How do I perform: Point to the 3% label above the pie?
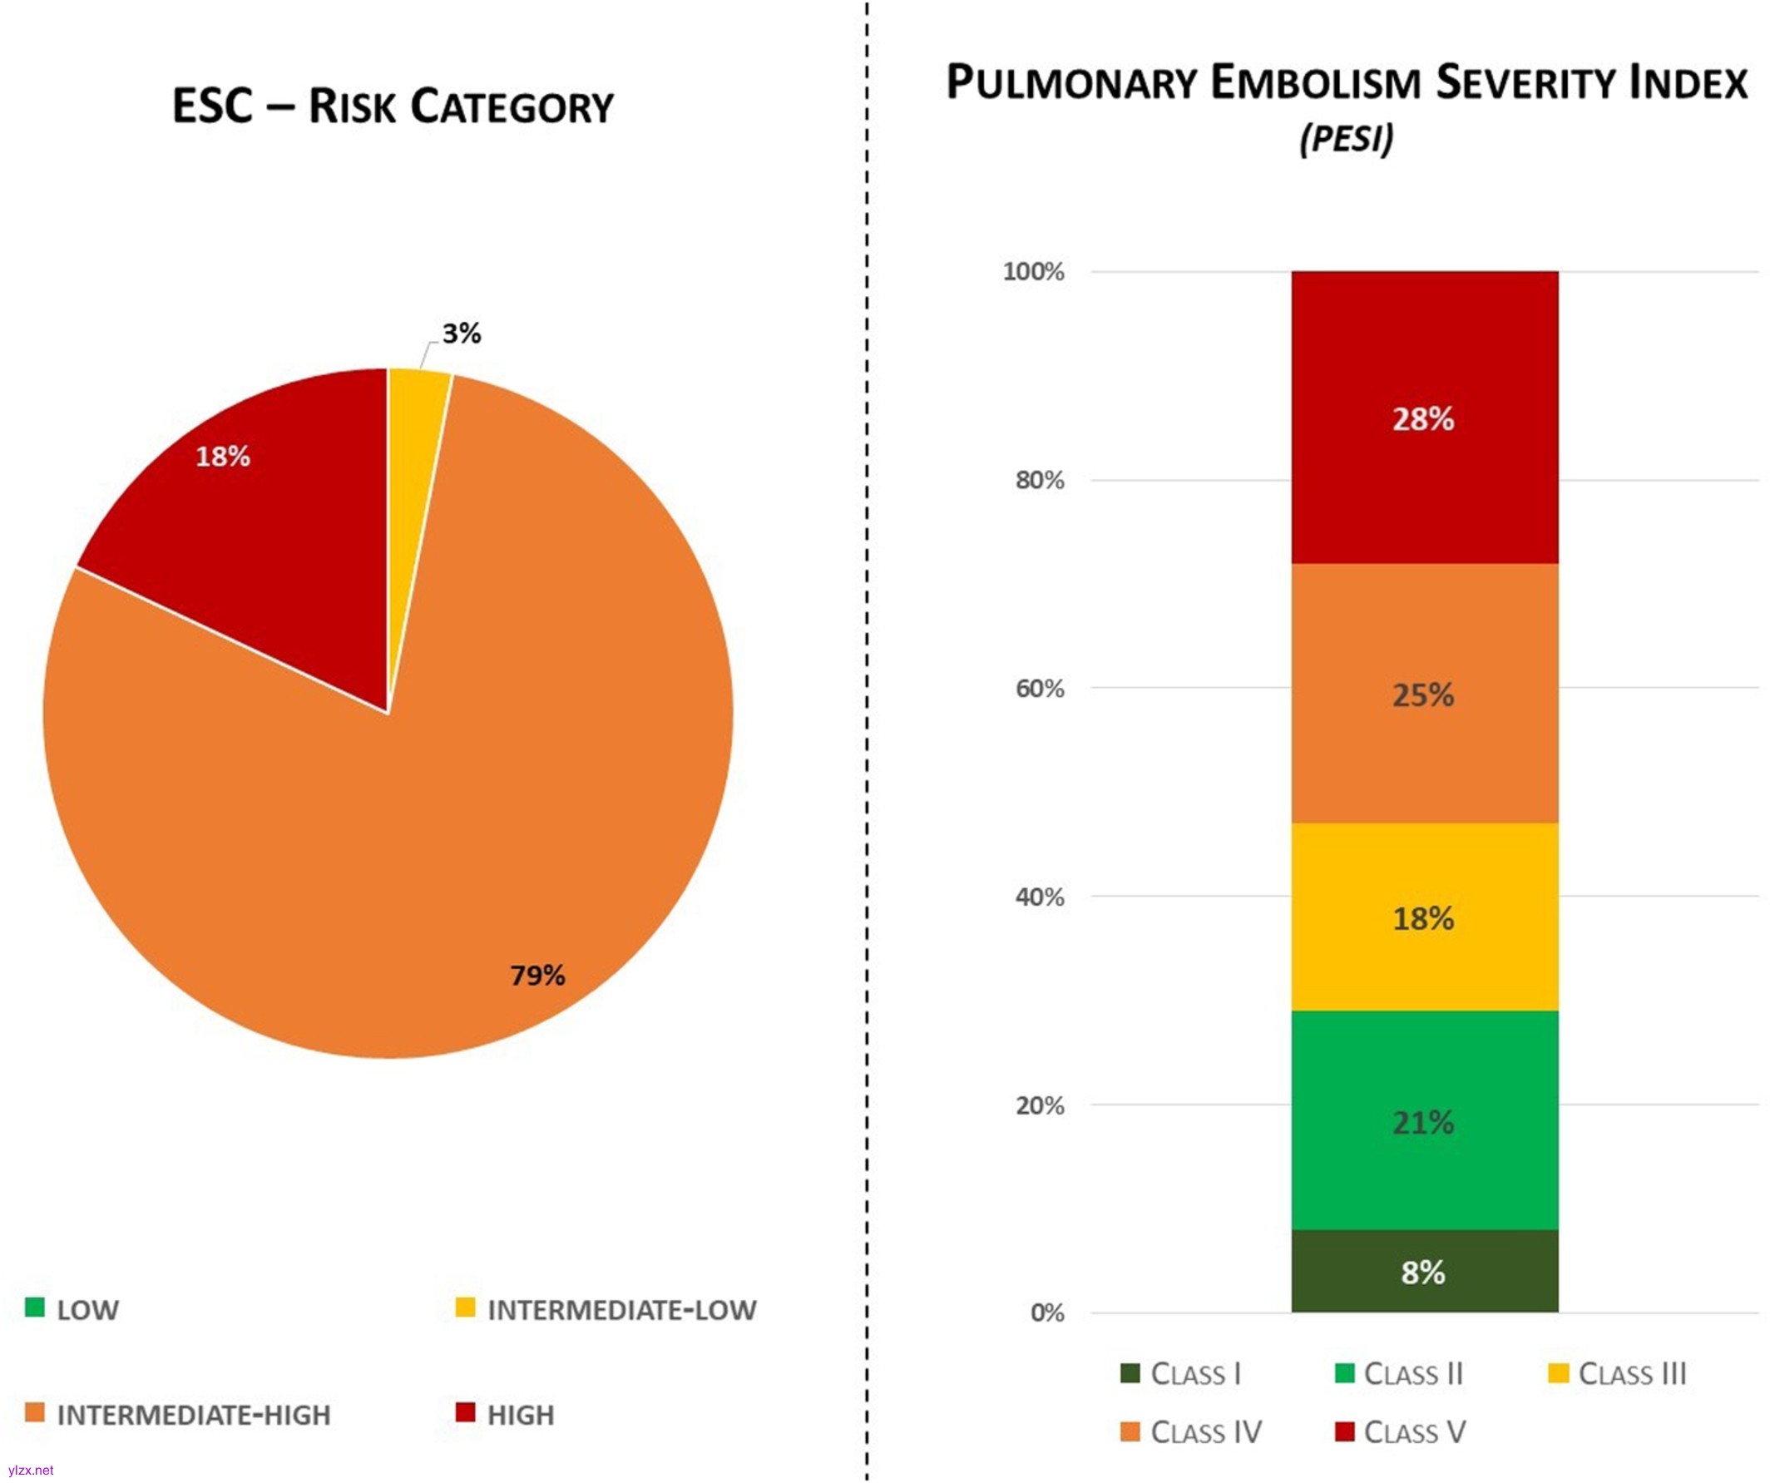[x=462, y=334]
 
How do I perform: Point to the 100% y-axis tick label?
[x=1033, y=272]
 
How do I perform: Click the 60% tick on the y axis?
[x=1039, y=690]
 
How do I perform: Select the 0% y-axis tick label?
[x=1048, y=1312]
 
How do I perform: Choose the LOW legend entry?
[x=73, y=1310]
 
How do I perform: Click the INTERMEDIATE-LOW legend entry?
[x=607, y=1310]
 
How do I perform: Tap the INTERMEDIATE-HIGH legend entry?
[x=179, y=1416]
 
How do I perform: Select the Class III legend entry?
[x=1619, y=1374]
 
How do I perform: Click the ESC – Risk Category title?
[x=393, y=107]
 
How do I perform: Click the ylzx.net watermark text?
[x=30, y=1471]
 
